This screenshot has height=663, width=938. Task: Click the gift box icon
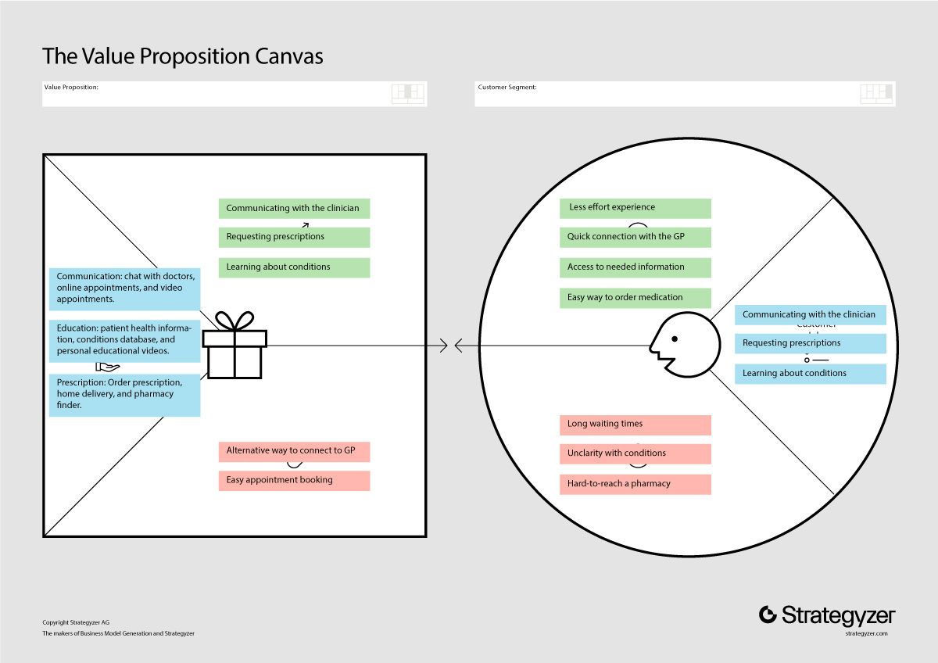tap(234, 345)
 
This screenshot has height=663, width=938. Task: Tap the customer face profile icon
tap(685, 345)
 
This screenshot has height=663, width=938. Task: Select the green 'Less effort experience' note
tap(635, 208)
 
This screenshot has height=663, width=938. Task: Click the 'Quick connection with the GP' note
tap(635, 237)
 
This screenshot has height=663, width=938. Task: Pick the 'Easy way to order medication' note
tap(635, 298)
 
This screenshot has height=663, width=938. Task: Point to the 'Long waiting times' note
tap(635, 425)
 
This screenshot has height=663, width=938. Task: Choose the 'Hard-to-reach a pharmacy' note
tap(635, 484)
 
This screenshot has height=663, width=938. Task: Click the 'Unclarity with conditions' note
tap(635, 453)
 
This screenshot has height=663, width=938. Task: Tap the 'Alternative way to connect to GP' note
tap(294, 451)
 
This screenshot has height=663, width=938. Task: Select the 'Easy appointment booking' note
tap(294, 480)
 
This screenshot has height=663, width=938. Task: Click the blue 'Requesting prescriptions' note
tap(811, 343)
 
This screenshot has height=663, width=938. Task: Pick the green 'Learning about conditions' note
tap(294, 267)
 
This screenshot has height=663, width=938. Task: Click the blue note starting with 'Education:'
tap(124, 341)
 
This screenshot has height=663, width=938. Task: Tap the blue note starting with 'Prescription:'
tap(124, 395)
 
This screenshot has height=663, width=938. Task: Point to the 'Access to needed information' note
tap(635, 267)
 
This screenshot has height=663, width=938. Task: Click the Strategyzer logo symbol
tap(768, 615)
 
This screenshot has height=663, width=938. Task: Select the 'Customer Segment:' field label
tap(507, 87)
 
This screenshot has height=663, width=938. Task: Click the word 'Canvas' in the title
tap(289, 56)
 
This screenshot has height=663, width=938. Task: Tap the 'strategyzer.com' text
tap(866, 633)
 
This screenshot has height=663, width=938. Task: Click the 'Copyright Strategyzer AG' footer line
tap(76, 622)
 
